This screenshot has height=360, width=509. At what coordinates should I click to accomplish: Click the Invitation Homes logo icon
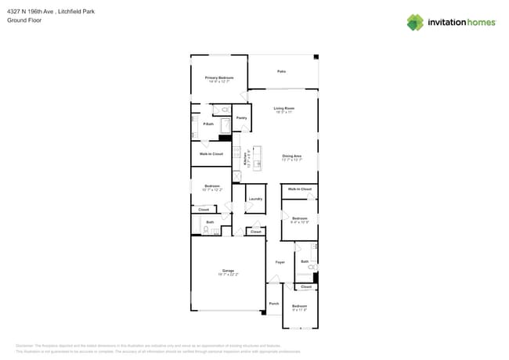tap(415, 22)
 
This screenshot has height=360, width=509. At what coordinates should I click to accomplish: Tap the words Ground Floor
tap(23, 20)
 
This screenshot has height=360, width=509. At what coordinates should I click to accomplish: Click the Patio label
tap(281, 71)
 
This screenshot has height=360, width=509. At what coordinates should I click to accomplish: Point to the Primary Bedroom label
tap(219, 77)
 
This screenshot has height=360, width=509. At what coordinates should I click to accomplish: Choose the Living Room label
tap(283, 108)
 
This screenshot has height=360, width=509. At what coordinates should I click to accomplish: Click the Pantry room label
tap(242, 118)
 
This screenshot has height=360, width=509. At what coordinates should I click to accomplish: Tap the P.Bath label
tap(208, 124)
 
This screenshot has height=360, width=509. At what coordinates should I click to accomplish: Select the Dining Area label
tap(292, 156)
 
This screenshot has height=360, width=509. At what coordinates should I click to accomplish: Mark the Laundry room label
tap(255, 200)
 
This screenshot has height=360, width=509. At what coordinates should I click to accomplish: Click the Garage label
tap(228, 271)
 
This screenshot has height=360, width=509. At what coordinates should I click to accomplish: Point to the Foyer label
tap(280, 262)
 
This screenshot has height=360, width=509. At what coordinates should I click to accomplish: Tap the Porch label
tap(274, 303)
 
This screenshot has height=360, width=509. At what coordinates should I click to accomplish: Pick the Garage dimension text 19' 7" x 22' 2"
tap(228, 275)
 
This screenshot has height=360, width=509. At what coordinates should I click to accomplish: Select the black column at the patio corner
tap(316, 57)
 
